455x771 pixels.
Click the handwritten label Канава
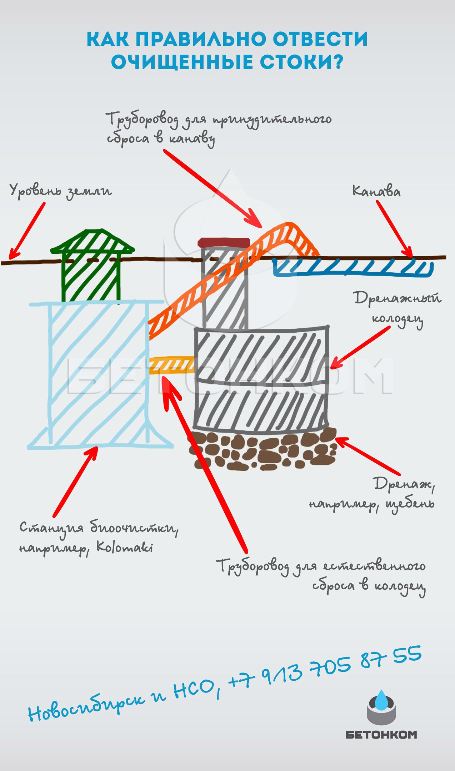coord(376,191)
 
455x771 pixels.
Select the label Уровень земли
coord(60,191)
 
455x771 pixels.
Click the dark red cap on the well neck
coord(224,242)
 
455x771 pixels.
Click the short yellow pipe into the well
coord(172,365)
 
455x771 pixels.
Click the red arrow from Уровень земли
coord(27,231)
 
